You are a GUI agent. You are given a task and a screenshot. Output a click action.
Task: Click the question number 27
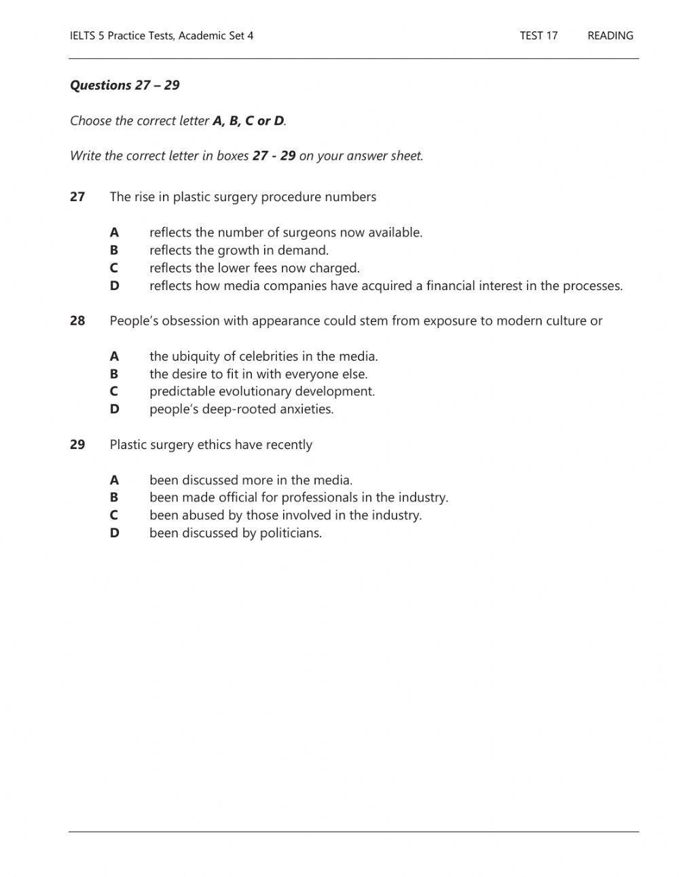click(77, 197)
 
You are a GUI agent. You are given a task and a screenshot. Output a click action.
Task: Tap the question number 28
click(77, 321)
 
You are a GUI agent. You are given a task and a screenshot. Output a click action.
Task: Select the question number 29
click(77, 444)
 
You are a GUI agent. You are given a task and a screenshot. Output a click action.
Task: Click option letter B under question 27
click(114, 250)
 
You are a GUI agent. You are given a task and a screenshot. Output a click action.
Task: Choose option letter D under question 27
click(114, 286)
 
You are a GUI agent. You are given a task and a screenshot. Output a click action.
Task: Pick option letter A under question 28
click(114, 356)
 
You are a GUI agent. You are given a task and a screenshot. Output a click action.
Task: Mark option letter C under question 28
click(114, 391)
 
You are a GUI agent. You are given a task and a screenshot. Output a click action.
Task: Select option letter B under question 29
click(114, 497)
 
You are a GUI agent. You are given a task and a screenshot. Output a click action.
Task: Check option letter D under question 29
click(114, 533)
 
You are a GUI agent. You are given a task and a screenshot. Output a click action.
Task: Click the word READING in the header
click(610, 36)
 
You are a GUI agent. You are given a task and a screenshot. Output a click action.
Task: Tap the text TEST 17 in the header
click(538, 36)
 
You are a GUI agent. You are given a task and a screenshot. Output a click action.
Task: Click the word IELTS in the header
click(83, 36)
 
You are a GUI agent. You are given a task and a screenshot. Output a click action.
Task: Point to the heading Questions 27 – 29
click(124, 85)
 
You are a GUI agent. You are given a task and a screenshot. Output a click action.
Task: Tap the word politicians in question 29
click(290, 533)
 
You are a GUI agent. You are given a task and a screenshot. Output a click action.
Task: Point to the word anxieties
click(305, 410)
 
